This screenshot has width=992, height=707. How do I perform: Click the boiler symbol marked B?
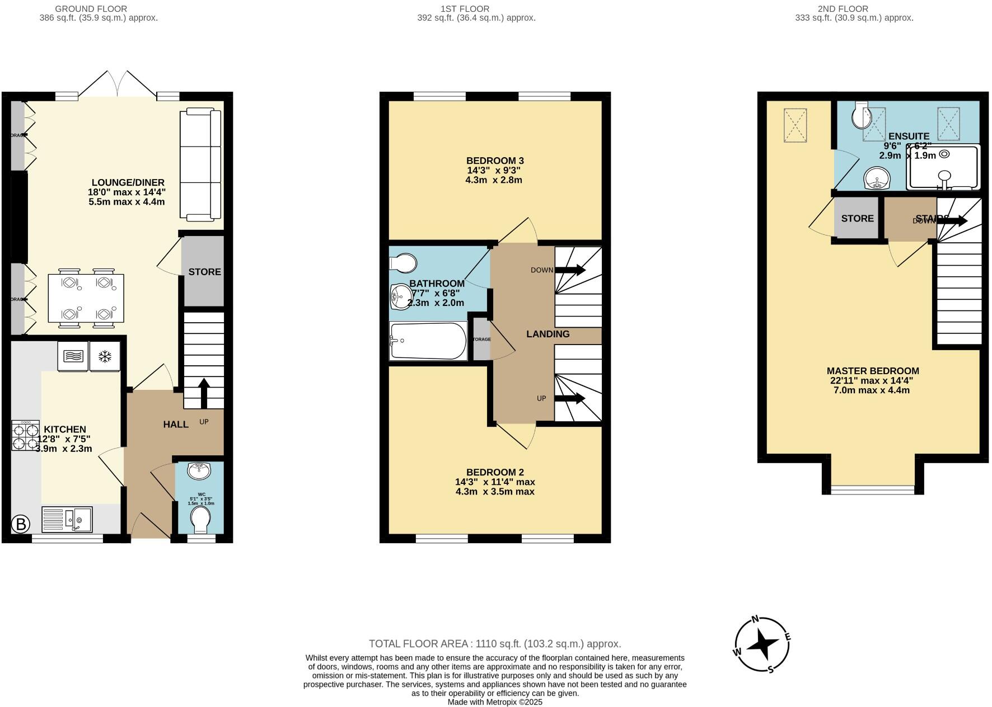click(21, 524)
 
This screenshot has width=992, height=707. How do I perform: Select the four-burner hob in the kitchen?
click(25, 435)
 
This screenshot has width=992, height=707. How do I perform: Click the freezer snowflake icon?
click(105, 356)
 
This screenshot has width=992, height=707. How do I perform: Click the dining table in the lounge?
click(86, 298)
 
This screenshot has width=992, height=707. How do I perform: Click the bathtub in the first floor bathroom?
click(428, 341)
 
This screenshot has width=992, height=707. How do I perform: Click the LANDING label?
click(548, 334)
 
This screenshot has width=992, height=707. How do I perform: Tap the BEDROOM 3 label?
click(495, 161)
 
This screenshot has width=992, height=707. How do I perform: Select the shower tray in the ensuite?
click(944, 167)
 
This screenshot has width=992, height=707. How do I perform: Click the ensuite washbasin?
click(877, 179)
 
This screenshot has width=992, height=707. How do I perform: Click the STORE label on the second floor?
click(857, 218)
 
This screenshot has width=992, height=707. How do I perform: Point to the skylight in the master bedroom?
click(795, 125)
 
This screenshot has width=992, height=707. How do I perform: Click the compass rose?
click(762, 644)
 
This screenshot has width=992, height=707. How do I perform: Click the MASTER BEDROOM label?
click(872, 371)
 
